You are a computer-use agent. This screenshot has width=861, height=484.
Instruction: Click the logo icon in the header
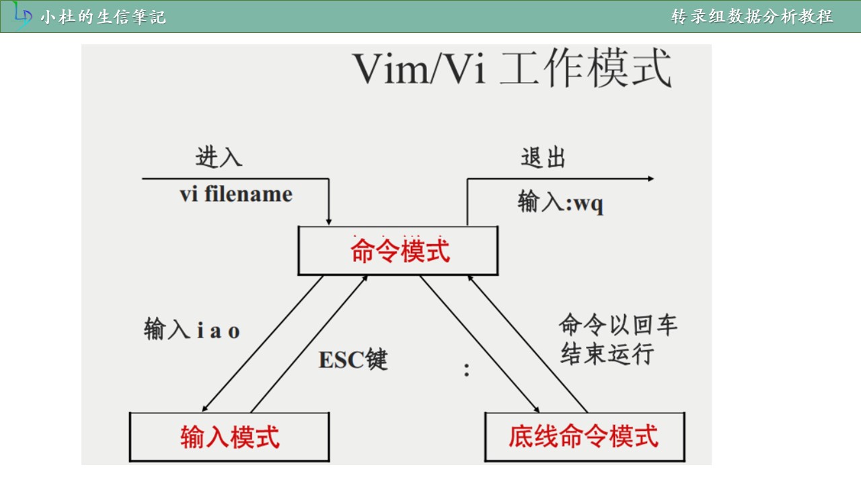[22, 15]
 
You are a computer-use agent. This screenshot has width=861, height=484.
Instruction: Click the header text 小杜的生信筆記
[104, 17]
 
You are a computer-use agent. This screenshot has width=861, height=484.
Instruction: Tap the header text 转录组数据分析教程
[752, 17]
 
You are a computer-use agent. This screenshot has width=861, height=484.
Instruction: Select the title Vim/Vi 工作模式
[512, 68]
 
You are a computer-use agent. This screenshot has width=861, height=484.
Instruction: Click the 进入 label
[219, 157]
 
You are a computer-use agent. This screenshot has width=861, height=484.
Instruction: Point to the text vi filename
[236, 194]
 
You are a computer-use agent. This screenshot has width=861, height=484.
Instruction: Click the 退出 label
[543, 157]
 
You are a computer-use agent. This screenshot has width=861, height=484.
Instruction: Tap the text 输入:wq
[560, 202]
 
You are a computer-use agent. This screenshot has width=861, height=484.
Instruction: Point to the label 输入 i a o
[192, 329]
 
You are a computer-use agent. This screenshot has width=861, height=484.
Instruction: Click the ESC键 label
[353, 360]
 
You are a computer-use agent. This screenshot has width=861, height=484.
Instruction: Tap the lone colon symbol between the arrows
[467, 370]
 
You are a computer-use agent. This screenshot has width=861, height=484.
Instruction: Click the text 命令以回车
[617, 325]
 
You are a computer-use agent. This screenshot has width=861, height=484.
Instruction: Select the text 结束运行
[607, 354]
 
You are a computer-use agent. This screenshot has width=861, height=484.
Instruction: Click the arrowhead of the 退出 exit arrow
[650, 179]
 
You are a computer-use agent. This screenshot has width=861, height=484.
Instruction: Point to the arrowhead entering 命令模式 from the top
[329, 223]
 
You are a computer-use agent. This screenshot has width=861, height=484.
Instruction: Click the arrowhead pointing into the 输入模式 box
[205, 409]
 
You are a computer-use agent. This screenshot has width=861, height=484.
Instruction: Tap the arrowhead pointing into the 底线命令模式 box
[537, 409]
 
